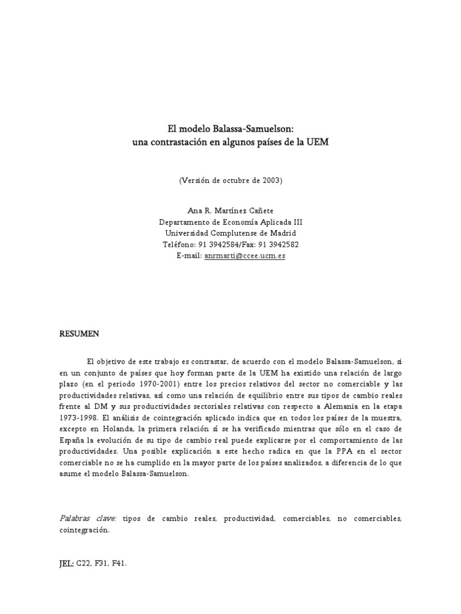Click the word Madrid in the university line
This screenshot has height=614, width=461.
[282, 233]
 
